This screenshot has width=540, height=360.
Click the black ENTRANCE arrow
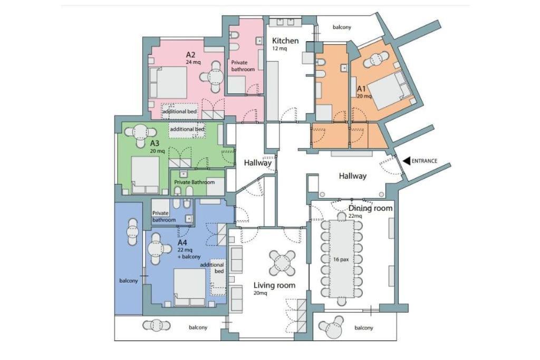(407, 160)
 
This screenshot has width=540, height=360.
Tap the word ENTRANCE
(425, 161)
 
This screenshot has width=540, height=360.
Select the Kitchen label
(285, 41)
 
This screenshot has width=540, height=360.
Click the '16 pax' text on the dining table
(341, 259)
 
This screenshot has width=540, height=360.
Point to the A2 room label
(191, 55)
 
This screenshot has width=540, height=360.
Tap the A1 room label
(361, 89)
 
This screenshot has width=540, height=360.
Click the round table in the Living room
(282, 264)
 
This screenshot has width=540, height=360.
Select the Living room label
(274, 285)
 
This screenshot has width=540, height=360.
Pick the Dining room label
(370, 208)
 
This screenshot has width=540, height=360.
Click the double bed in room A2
(168, 82)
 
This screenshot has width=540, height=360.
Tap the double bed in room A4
(189, 287)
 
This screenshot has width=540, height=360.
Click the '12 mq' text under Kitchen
(279, 48)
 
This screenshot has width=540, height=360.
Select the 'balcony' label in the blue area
(129, 281)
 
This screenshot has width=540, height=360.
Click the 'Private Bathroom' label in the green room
(194, 182)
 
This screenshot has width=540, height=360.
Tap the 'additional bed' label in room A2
(179, 112)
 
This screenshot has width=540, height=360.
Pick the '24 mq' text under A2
(193, 62)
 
